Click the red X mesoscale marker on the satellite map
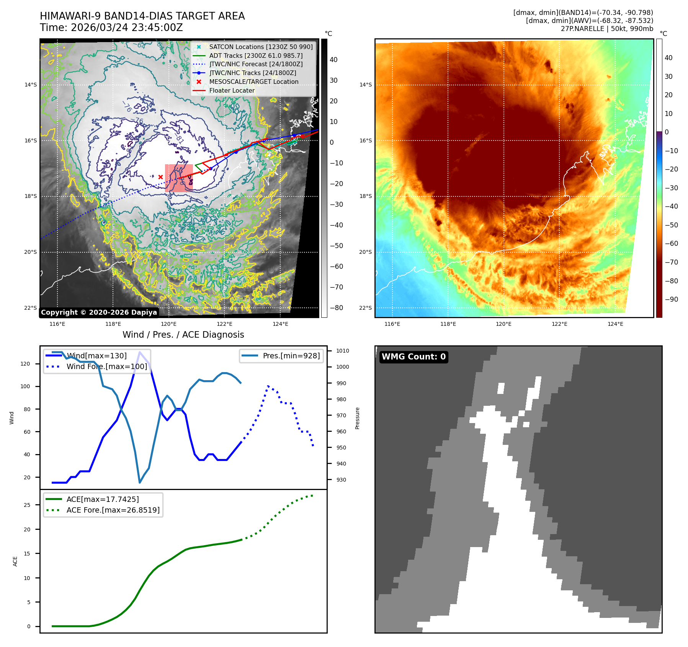[x=160, y=177]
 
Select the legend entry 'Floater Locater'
[x=232, y=91]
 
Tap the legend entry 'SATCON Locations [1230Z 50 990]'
[x=261, y=47]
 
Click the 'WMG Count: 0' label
[x=413, y=357]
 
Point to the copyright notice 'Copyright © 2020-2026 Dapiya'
[x=99, y=312]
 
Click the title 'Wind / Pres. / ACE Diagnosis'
[x=183, y=335]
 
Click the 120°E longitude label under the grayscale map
[x=169, y=324]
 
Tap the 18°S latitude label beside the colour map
[x=365, y=196]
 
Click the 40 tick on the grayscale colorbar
[x=333, y=60]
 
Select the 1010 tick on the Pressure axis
[x=342, y=351]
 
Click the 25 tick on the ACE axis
[x=27, y=505]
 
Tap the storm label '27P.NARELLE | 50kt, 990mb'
[x=607, y=29]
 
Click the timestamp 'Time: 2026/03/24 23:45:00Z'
[x=111, y=28]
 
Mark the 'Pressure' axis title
[x=357, y=418]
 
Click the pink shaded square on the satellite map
[x=179, y=178]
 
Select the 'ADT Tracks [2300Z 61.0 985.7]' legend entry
[x=256, y=56]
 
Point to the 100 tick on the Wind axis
[x=25, y=386]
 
